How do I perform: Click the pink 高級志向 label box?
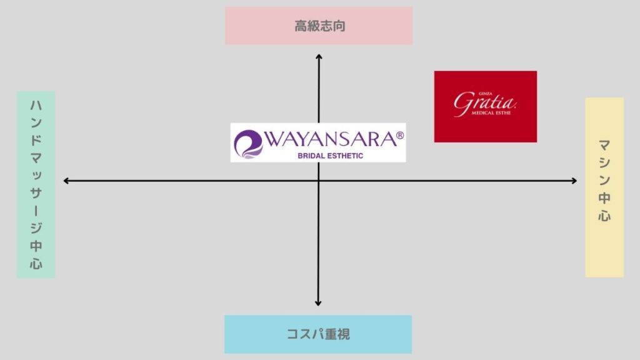click(319, 26)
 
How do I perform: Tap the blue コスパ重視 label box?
click(318, 334)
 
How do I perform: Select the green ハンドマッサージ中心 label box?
click(36, 184)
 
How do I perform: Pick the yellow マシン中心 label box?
click(604, 187)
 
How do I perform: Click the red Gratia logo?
click(485, 106)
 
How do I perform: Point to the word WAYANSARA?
click(331, 139)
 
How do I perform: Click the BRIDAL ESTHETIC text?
click(330, 156)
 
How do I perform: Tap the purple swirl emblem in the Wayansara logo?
click(248, 144)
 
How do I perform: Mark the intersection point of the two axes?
click(318, 181)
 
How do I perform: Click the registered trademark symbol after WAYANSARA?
click(400, 135)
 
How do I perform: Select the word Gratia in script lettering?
click(484, 103)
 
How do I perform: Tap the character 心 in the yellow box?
click(604, 215)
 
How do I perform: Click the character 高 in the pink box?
click(301, 26)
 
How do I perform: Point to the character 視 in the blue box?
click(343, 334)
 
